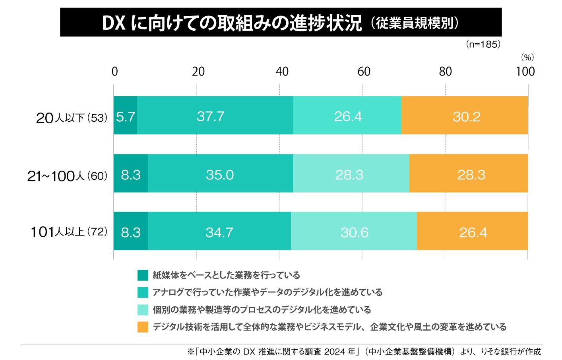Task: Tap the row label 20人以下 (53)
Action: [72, 118]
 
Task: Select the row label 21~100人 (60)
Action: [68, 176]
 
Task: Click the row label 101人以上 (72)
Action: [69, 232]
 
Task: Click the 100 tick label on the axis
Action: [525, 72]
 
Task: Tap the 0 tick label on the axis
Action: [114, 72]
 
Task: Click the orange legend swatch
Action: [143, 327]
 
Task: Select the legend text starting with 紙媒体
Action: [226, 275]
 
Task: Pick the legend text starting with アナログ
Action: [267, 292]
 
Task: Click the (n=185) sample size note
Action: [483, 45]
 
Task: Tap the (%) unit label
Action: [527, 58]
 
